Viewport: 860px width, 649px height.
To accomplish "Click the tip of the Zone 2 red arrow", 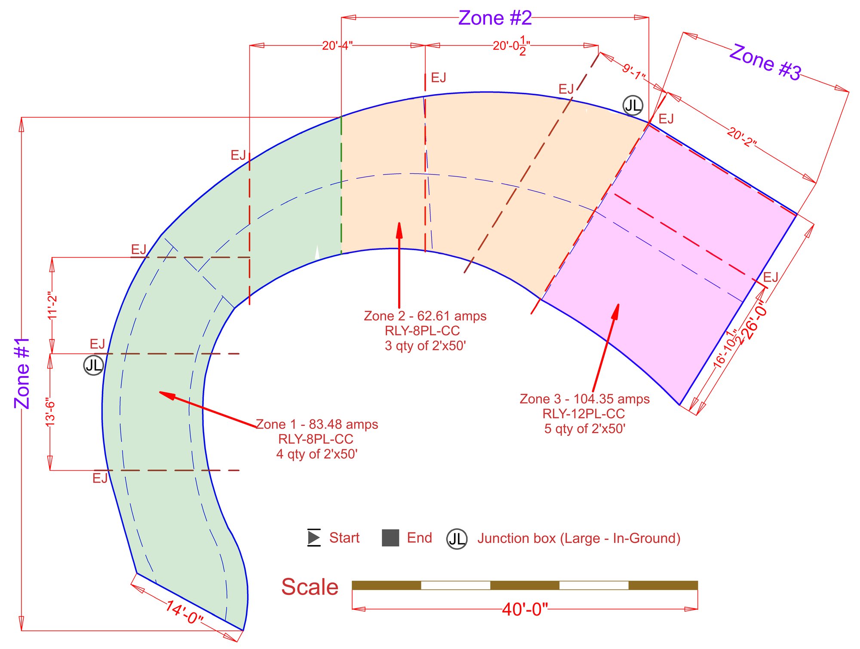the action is [x=399, y=223].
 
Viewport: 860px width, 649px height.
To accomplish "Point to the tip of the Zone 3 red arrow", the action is [x=618, y=304].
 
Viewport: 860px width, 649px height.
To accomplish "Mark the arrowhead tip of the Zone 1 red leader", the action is [x=159, y=392].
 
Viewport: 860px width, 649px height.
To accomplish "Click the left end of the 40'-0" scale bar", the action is [x=352, y=585].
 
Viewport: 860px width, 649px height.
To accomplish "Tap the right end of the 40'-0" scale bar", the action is [x=697, y=585].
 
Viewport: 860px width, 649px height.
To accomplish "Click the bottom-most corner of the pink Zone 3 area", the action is [x=680, y=405].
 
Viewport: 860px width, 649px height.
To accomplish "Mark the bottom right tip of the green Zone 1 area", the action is [x=243, y=630].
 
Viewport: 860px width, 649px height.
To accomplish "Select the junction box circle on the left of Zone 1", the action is [x=93, y=365].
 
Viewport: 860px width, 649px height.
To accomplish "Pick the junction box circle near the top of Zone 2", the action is [x=633, y=105].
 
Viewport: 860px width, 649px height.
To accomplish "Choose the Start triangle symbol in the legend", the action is [x=314, y=537].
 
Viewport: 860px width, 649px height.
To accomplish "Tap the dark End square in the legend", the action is [x=390, y=538].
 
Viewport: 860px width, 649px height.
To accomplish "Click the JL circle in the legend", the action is [x=457, y=539].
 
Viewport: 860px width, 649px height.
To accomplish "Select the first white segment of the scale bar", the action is [x=456, y=585].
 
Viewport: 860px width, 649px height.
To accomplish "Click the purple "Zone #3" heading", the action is [x=766, y=62].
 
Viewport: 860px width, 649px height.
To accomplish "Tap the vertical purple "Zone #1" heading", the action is [x=22, y=373].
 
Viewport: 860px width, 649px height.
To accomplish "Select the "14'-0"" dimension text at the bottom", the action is [x=184, y=612].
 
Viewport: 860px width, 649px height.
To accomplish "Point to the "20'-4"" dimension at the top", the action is [x=338, y=46].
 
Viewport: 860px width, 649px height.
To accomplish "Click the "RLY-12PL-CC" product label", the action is [x=584, y=414].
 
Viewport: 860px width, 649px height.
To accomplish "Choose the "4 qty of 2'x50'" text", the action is [x=317, y=454].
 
